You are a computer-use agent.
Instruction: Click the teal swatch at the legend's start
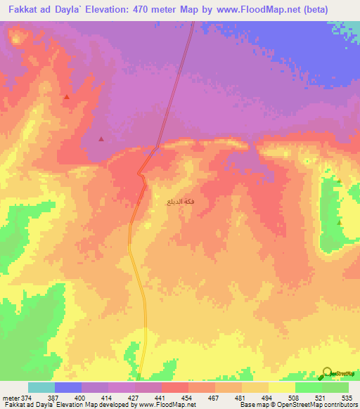pyautogui.click(x=41, y=388)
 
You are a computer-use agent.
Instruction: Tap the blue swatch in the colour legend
pyautogui.click(x=68, y=388)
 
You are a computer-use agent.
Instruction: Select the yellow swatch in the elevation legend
pyautogui.click(x=282, y=388)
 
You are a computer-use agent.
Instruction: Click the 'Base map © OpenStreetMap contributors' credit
pyautogui.click(x=297, y=405)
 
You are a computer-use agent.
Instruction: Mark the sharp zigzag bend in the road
pyautogui.click(x=142, y=176)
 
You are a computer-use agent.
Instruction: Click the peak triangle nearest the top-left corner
pyautogui.click(x=66, y=97)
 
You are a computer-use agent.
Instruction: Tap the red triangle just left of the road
pyautogui.click(x=101, y=139)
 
